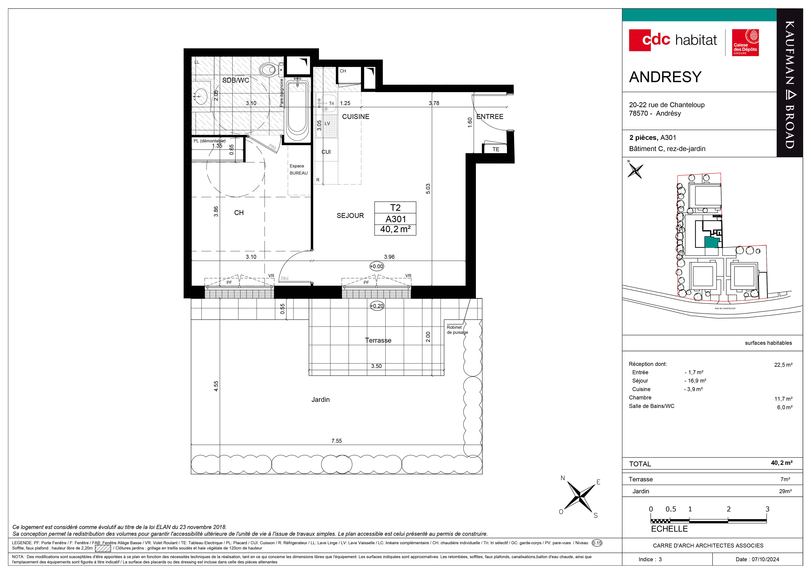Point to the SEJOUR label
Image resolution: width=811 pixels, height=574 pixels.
[350, 216]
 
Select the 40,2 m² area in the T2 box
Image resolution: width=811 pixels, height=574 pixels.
[395, 229]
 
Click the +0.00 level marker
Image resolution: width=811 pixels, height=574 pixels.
[376, 267]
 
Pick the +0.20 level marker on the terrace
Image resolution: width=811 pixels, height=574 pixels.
[376, 306]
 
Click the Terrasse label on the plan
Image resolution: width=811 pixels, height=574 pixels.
[378, 340]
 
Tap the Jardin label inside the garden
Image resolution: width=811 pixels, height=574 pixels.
[320, 400]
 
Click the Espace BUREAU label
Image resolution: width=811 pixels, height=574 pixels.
[299, 169]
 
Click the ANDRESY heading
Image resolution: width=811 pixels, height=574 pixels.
[665, 77]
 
